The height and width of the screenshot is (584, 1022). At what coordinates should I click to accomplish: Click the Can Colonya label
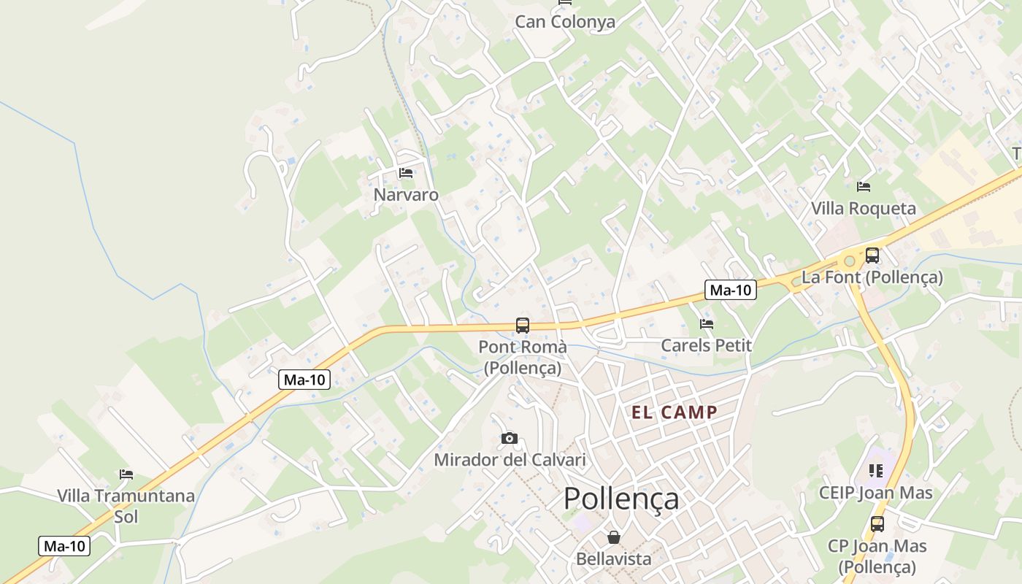(x=565, y=22)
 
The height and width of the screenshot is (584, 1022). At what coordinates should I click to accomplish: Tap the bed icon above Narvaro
(x=406, y=173)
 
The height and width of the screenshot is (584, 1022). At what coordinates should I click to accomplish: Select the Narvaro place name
(x=406, y=195)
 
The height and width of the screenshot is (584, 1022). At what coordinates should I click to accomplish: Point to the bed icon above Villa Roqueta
(x=864, y=187)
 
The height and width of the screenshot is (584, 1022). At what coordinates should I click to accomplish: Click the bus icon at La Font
(x=872, y=255)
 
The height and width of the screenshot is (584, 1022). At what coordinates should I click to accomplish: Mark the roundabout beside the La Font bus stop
(x=849, y=261)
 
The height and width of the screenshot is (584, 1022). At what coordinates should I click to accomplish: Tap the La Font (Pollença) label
(x=872, y=277)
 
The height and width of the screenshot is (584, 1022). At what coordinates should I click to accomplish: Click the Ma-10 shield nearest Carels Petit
(x=731, y=290)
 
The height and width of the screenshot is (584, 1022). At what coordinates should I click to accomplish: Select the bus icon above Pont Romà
(x=523, y=325)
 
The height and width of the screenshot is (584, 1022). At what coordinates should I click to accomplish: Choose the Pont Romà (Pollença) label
(x=523, y=357)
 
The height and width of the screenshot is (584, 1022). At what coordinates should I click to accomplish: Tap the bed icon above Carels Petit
(x=706, y=323)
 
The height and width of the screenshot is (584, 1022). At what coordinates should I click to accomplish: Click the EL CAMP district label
(x=675, y=412)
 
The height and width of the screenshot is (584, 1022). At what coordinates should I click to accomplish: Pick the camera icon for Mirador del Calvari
(x=510, y=438)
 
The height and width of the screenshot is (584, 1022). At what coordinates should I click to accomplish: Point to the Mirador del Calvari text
(x=510, y=460)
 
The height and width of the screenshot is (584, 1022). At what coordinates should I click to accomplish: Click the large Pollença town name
(x=621, y=499)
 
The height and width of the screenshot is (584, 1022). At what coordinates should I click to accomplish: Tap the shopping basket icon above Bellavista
(x=614, y=537)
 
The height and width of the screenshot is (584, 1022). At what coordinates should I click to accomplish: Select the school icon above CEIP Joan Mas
(x=876, y=471)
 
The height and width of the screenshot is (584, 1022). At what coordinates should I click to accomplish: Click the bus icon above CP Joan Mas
(x=877, y=523)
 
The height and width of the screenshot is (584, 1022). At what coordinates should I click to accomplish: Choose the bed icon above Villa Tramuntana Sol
(x=126, y=474)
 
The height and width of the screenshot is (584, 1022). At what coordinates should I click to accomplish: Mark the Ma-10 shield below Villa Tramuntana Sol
(x=64, y=546)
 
